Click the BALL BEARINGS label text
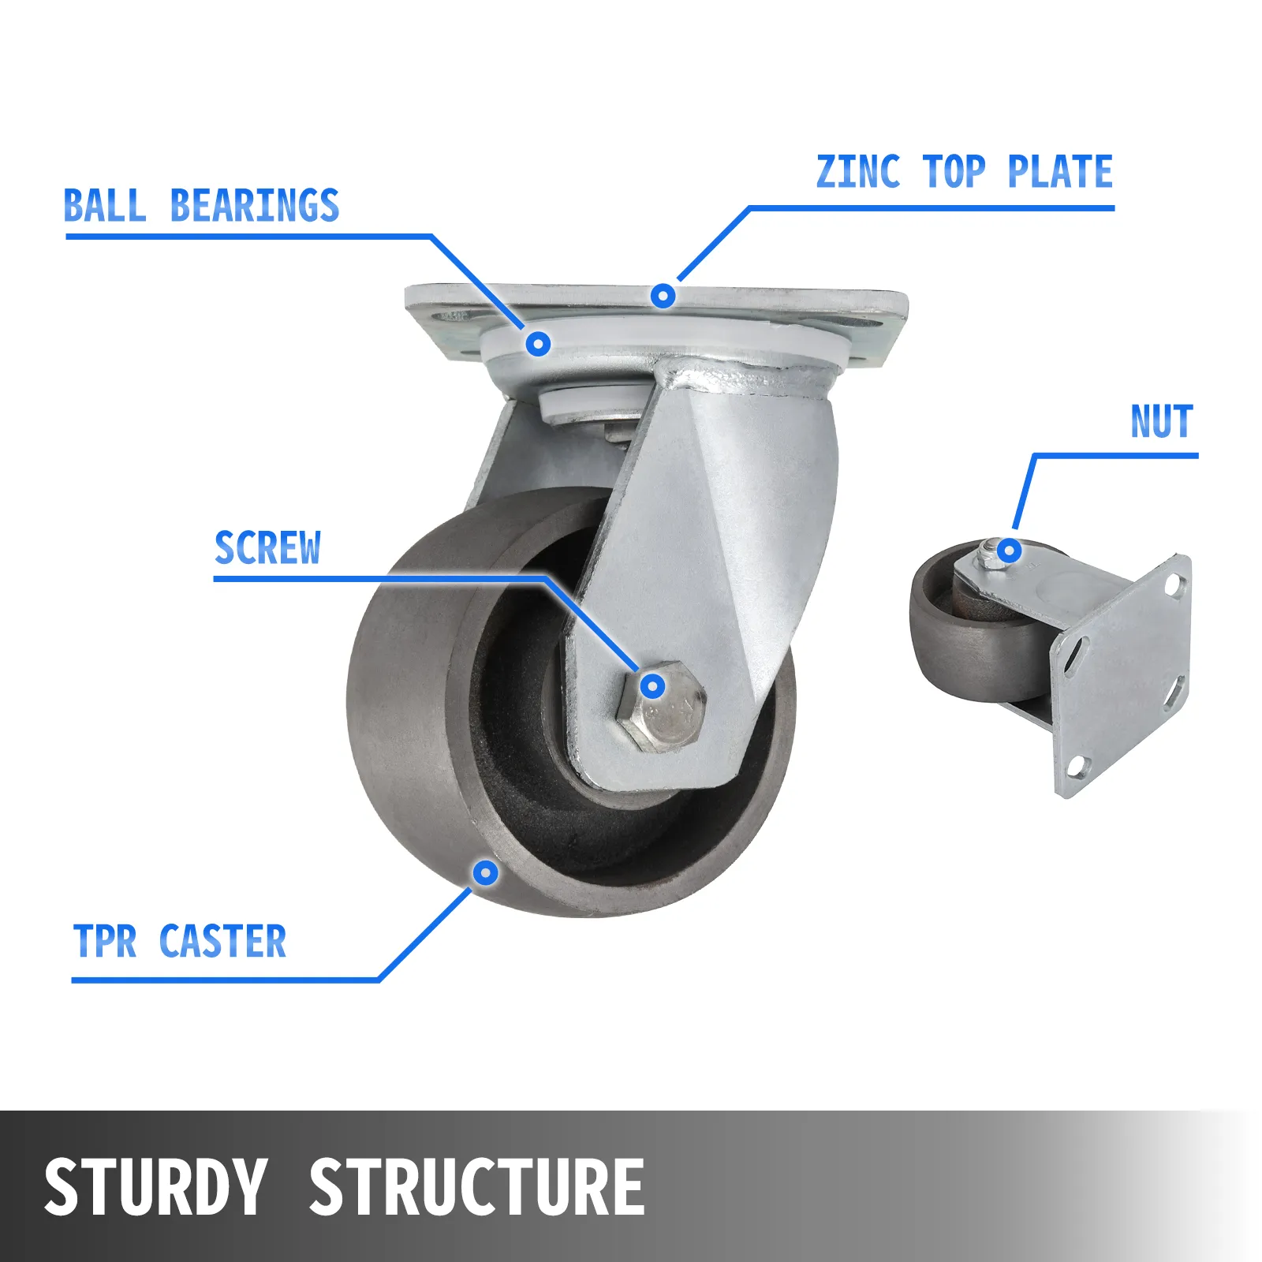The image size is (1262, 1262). pyautogui.click(x=201, y=206)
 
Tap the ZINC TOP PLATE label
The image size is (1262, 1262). pyautogui.click(x=964, y=172)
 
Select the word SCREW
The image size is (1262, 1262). pyautogui.click(x=267, y=548)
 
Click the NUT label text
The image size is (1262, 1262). pyautogui.click(x=1161, y=421)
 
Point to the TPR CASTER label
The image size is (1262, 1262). pyautogui.click(x=179, y=941)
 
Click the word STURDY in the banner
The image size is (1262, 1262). pyautogui.click(x=155, y=1186)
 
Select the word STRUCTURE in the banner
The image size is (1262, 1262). pyautogui.click(x=476, y=1186)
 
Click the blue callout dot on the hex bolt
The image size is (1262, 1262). pyautogui.click(x=652, y=686)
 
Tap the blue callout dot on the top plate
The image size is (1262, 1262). pyautogui.click(x=663, y=297)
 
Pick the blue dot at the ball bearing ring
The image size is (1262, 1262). pyautogui.click(x=538, y=343)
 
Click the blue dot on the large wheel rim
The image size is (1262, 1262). pyautogui.click(x=486, y=872)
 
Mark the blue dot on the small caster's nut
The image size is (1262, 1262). pyautogui.click(x=1009, y=551)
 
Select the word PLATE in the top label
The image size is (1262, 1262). pyautogui.click(x=1060, y=172)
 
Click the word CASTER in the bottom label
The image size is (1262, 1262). pyautogui.click(x=222, y=941)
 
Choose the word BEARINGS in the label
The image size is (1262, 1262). pyautogui.click(x=255, y=206)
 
